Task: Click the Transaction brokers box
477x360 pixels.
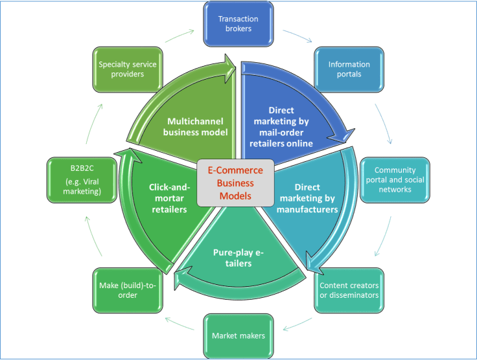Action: tap(238, 24)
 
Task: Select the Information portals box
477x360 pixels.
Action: tap(349, 69)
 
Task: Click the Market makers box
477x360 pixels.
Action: tap(238, 335)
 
